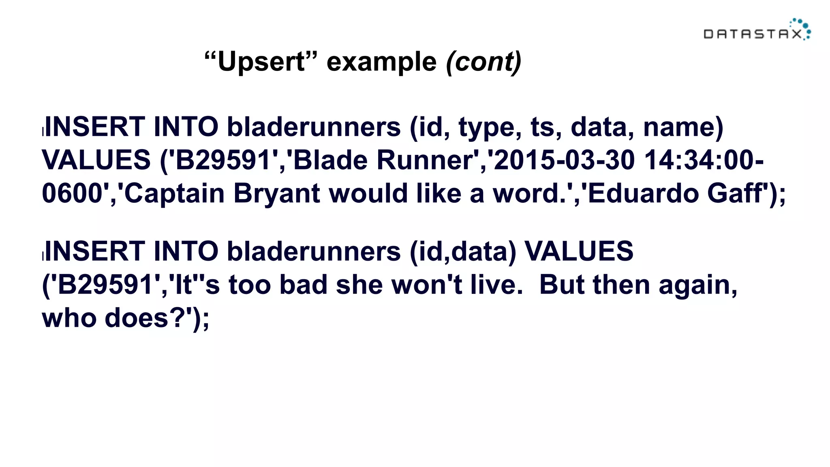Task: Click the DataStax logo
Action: (x=757, y=30)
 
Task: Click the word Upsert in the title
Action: (x=261, y=62)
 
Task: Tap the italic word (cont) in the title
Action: (x=483, y=62)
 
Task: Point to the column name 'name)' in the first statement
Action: (x=683, y=127)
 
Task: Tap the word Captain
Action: (x=174, y=193)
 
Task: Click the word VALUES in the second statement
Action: (x=579, y=251)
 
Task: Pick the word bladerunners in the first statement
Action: (x=314, y=127)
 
